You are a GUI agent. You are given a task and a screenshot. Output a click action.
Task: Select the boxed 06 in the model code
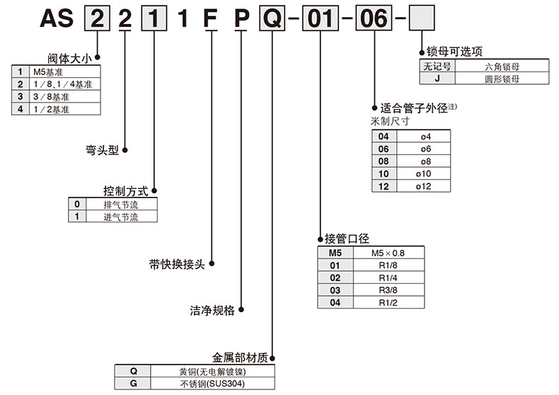point(372,16)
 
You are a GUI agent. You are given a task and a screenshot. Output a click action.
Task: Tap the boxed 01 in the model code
point(320,16)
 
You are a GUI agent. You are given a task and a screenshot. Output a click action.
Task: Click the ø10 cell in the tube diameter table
point(424,173)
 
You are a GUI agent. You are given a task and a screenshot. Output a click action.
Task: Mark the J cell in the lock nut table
point(438,79)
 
